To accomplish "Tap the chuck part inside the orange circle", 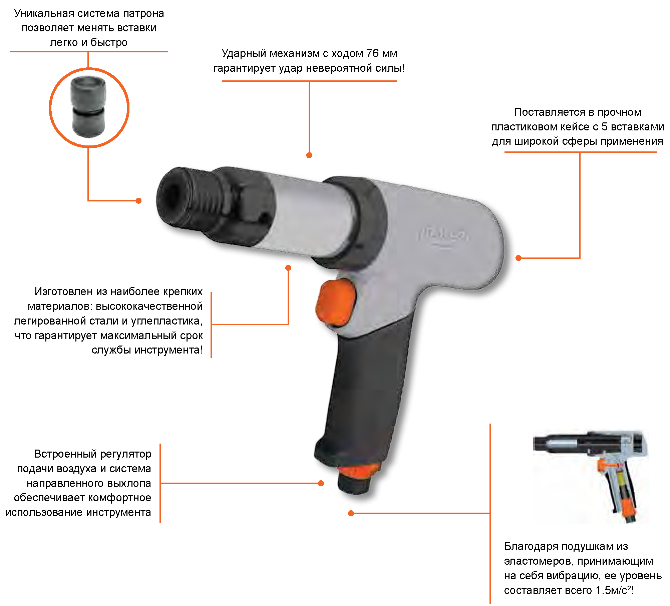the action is pos(88,107).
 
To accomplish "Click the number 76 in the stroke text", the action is pos(373,53).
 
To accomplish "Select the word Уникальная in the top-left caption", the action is pos(44,14).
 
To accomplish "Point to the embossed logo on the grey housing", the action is pos(443,236).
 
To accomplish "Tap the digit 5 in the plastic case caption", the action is pos(604,127).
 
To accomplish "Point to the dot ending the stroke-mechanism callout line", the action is pos(309,155).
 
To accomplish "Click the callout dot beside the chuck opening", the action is pos(139,200).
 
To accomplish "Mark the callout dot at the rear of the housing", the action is pos(519,258).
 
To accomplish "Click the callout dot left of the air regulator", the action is pos(321,483).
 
